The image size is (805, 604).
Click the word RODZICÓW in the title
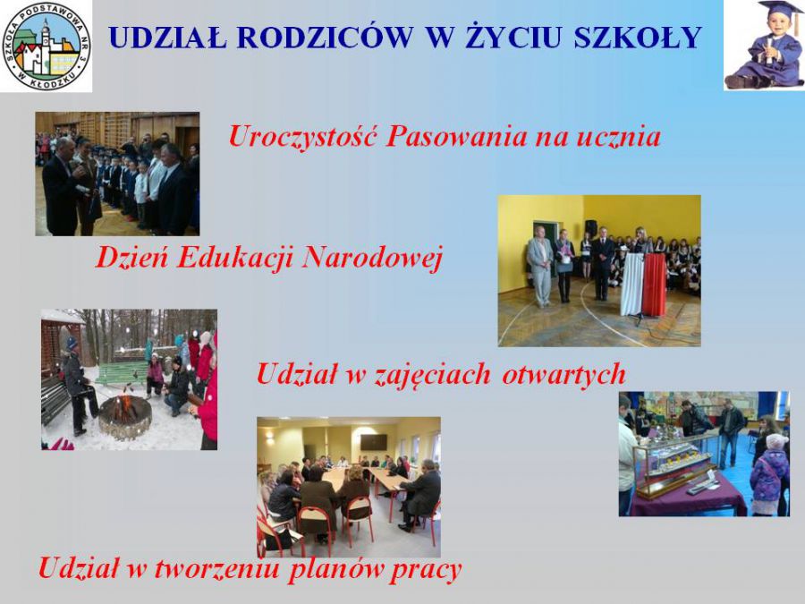[326, 37]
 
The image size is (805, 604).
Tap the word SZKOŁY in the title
[637, 37]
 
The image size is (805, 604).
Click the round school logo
[47, 47]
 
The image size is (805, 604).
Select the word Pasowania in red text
[456, 137]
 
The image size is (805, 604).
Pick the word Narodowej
[372, 258]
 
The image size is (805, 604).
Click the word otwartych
[563, 374]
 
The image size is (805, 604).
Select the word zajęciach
[431, 375]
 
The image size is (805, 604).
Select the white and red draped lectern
[643, 284]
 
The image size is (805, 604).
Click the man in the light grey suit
[539, 266]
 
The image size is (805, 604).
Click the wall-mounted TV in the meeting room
[374, 442]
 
